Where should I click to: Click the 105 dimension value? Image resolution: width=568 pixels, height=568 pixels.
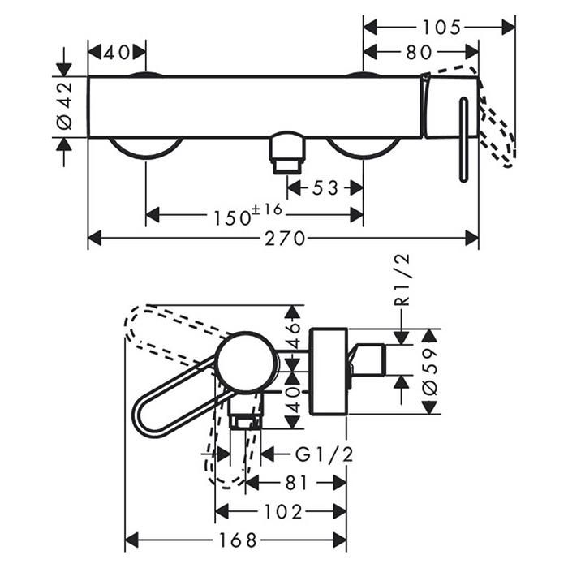point(442,28)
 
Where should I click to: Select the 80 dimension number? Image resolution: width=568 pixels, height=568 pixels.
point(420,53)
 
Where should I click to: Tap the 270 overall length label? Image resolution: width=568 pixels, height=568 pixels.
point(285,239)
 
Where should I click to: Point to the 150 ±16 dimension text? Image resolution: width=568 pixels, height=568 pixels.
point(247,215)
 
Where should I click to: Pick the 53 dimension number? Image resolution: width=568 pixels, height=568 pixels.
point(325,188)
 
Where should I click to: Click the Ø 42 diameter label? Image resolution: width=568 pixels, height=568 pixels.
point(65,106)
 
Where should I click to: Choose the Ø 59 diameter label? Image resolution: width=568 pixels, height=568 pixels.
point(430,372)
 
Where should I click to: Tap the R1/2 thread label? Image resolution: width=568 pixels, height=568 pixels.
point(402,280)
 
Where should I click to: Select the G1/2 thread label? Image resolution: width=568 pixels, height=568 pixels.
point(325,454)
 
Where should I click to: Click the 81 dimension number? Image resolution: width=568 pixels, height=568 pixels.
point(296,483)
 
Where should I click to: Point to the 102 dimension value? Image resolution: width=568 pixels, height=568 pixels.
point(283,512)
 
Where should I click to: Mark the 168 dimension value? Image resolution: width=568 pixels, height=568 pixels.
point(238,540)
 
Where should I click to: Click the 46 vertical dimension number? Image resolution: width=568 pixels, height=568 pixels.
point(294,333)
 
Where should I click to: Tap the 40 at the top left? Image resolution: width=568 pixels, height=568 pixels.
point(117,53)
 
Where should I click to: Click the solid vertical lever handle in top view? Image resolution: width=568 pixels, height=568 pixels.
point(463,140)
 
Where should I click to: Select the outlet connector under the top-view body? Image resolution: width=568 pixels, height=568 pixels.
point(287,153)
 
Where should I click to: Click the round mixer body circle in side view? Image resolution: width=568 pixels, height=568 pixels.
point(247,363)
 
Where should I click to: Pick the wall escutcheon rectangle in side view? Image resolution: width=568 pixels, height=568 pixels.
point(329,372)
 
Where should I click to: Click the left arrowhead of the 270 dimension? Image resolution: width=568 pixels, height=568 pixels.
point(94,239)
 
